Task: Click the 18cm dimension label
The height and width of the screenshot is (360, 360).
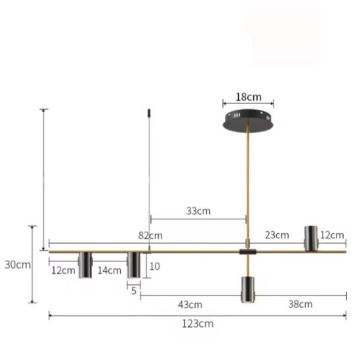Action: (248, 97)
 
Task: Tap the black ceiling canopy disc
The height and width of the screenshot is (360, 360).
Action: (248, 121)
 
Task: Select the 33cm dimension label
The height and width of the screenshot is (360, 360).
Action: (198, 211)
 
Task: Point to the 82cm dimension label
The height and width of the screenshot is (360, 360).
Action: (150, 236)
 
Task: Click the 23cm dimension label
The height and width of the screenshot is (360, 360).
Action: (277, 235)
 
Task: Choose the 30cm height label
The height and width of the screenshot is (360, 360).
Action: (18, 265)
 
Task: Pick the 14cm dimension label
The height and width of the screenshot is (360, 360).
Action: (110, 270)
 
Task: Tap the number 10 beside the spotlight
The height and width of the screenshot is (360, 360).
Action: (155, 266)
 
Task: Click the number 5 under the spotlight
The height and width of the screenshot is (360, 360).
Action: (134, 291)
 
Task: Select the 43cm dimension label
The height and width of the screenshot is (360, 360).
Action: (190, 305)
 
